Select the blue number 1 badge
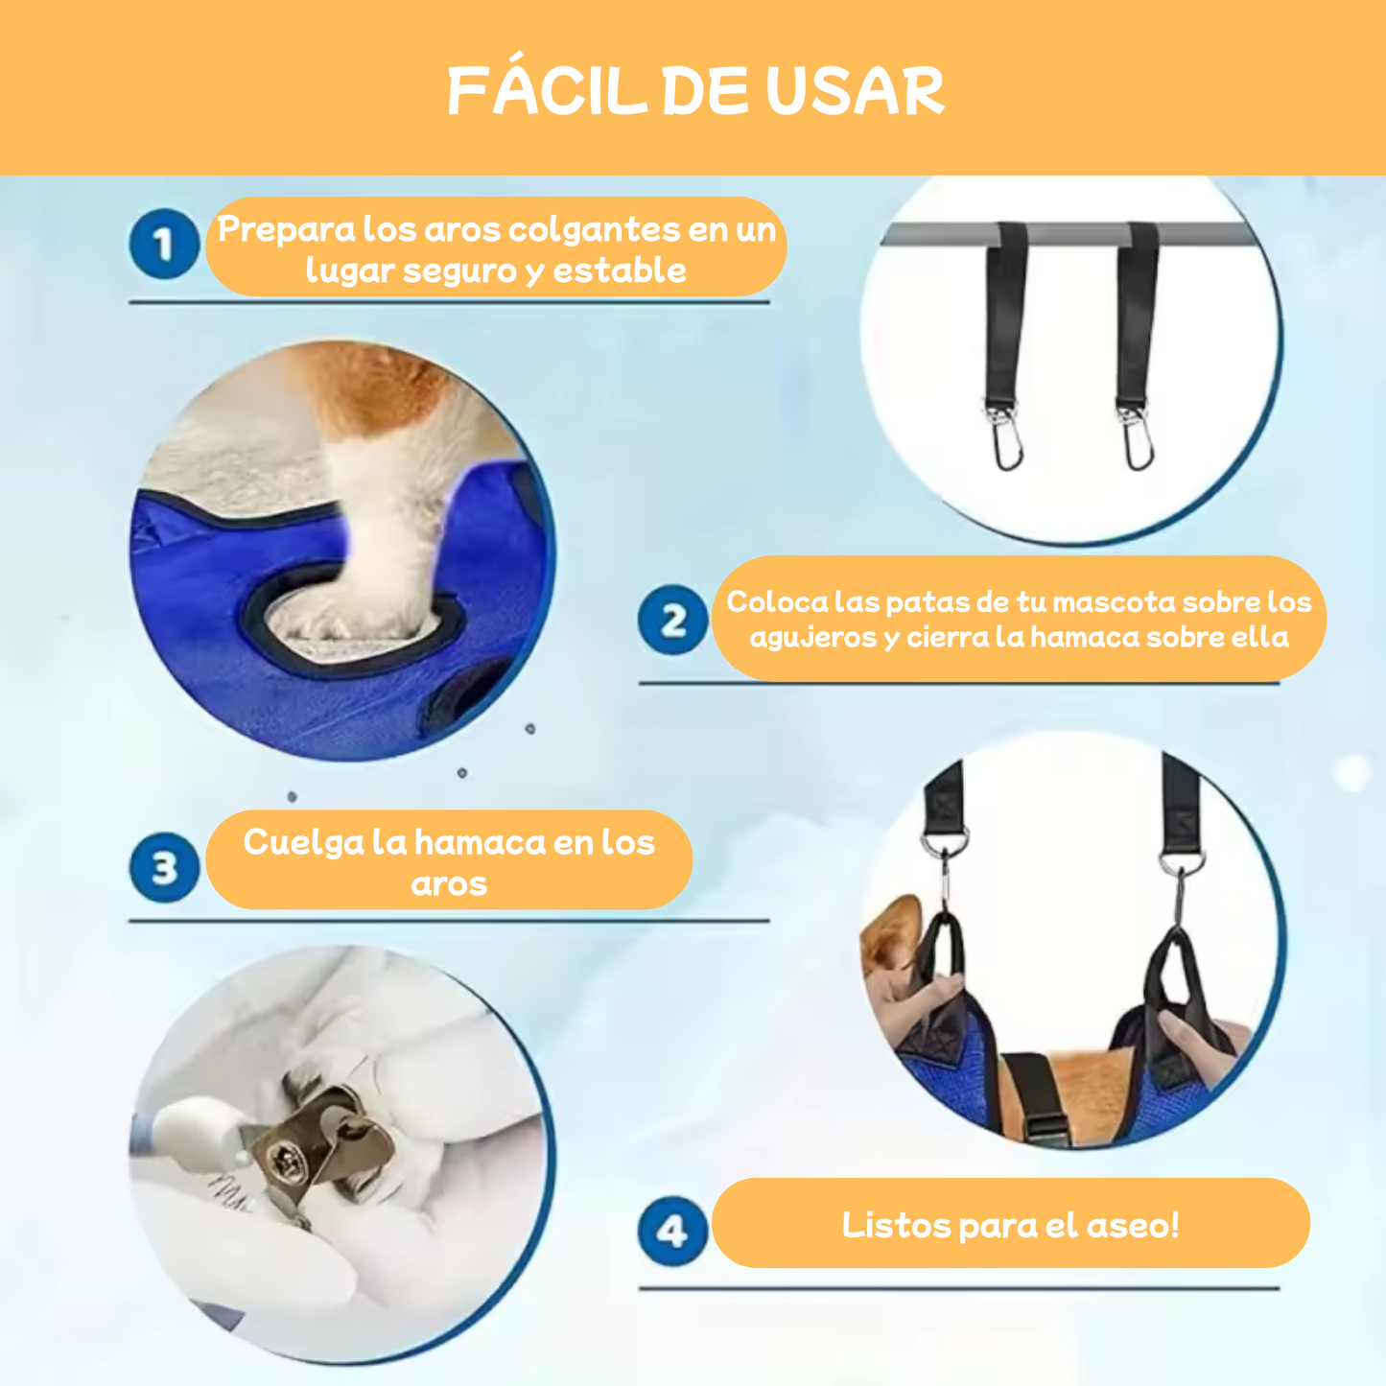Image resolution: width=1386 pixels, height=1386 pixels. [x=164, y=245]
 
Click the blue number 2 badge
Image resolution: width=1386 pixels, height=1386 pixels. [x=673, y=621]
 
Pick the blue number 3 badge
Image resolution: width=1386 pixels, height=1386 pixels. [x=164, y=867]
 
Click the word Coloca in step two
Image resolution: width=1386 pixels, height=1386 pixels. [x=776, y=601]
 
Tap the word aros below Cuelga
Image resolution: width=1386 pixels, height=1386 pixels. [x=449, y=883]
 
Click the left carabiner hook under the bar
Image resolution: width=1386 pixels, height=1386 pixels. [x=1006, y=442]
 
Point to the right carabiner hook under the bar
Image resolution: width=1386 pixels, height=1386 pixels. [x=1137, y=442]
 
